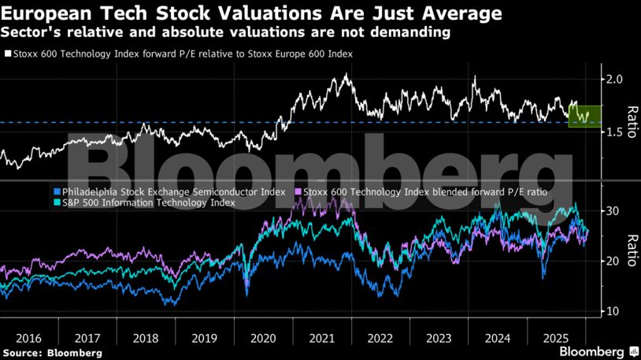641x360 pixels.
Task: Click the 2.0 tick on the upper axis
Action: click(x=615, y=80)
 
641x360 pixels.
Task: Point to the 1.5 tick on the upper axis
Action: click(x=615, y=133)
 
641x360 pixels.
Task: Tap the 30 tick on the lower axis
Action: click(x=613, y=211)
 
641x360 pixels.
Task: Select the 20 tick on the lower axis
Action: click(x=613, y=262)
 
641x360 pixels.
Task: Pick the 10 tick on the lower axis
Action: click(x=613, y=312)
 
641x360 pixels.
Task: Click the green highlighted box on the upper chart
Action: click(x=584, y=117)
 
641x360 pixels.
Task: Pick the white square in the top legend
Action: click(x=8, y=54)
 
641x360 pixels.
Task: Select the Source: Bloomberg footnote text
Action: click(x=52, y=352)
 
